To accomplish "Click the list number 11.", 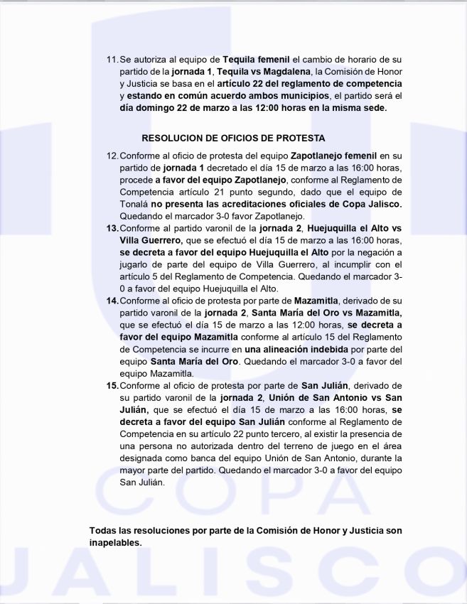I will click(x=112, y=59).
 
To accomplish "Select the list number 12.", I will click(x=112, y=155).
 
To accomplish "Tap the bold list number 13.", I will click(x=112, y=228).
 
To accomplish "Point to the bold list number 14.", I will click(x=112, y=301).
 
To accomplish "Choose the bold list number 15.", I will click(x=112, y=385).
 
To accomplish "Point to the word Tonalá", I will click(x=135, y=204).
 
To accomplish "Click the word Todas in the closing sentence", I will click(x=104, y=531).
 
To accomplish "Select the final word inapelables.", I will click(x=115, y=543).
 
